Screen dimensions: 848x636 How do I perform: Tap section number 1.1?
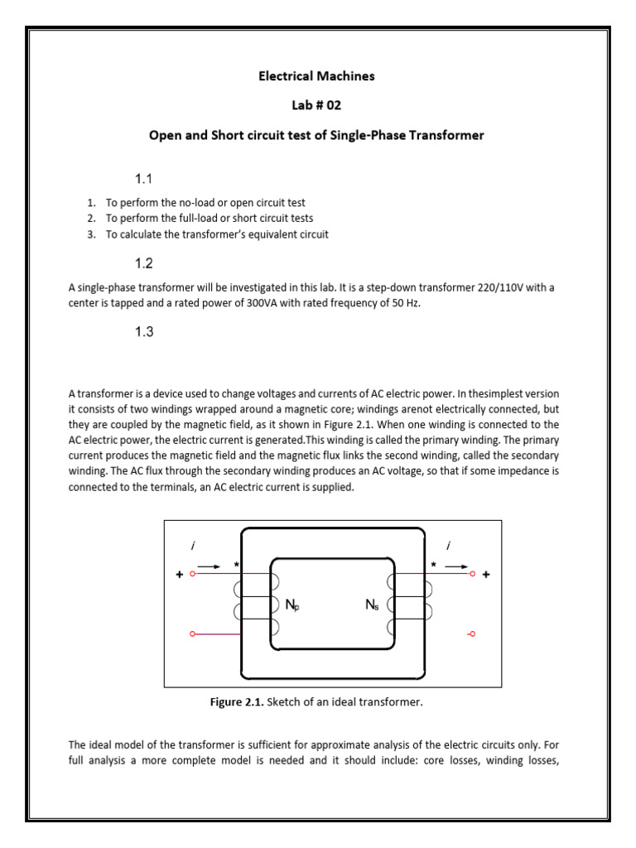coord(145,178)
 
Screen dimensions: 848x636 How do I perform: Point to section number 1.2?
coord(145,264)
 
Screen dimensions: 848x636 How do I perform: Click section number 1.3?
coord(145,332)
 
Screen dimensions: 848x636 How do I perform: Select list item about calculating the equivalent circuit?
coord(216,234)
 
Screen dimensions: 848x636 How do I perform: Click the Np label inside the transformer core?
coord(292,605)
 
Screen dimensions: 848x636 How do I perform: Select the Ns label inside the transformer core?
coord(373,605)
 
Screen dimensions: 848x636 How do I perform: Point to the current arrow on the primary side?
coord(210,566)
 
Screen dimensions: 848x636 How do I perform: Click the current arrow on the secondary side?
coord(456,566)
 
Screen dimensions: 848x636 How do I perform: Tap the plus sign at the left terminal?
coord(179,574)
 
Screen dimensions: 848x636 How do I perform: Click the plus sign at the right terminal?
coord(486,574)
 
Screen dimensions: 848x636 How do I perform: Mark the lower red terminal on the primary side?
coord(193,634)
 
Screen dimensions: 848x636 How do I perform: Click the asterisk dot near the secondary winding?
coord(432,565)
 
